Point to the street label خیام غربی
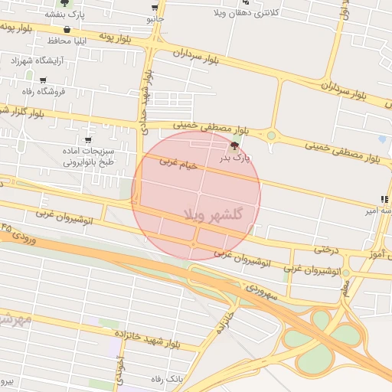(178, 164)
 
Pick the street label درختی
(326, 250)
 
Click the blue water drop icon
(382, 139)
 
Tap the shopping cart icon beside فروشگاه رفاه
(43, 80)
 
